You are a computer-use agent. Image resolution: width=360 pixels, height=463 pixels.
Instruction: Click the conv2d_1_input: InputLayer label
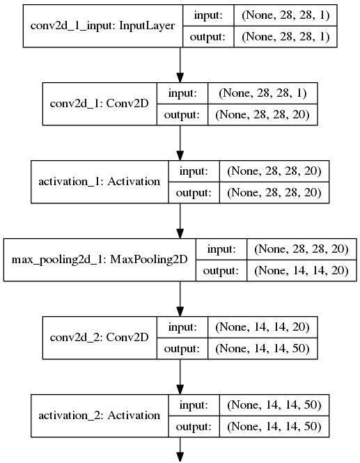pos(102,26)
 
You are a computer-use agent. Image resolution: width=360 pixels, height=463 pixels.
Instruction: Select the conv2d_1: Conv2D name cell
pos(100,104)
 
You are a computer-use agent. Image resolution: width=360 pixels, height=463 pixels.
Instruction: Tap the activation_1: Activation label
pos(100,182)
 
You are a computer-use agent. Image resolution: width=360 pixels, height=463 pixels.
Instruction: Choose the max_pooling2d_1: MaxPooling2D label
pos(100,260)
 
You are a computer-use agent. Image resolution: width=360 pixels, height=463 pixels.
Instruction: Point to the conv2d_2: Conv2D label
pos(100,338)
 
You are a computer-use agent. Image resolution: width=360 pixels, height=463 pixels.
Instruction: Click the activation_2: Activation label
pos(100,416)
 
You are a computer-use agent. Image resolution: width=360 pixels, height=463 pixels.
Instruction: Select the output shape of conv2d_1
pos(263,115)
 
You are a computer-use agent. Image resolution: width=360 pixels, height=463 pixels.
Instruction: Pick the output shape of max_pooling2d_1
pos(302,270)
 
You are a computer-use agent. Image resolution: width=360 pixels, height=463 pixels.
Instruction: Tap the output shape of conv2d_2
pos(263,348)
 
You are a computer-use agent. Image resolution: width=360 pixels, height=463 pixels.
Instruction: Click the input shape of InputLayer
pos(285,15)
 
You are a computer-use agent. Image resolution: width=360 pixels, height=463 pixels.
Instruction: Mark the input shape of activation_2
pos(274,405)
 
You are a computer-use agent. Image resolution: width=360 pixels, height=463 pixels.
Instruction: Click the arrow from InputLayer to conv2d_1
pos(180,65)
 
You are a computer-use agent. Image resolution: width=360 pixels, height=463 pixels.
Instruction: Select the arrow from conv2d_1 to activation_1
pos(180,143)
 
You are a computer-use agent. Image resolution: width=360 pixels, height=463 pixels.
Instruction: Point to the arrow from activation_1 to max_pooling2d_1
pos(180,221)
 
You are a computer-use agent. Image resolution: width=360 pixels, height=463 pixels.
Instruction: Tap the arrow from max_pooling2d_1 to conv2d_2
pos(180,299)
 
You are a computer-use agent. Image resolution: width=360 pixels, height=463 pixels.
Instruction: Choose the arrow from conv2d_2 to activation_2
pos(180,377)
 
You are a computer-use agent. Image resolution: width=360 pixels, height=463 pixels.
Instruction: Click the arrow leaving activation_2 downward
pos(180,449)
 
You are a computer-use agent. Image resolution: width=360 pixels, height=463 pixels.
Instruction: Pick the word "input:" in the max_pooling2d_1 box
pos(221,249)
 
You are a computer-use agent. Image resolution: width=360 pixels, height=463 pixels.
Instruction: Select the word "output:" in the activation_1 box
pos(194,193)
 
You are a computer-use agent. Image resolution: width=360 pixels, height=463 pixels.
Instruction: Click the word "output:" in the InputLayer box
pos(208,37)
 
